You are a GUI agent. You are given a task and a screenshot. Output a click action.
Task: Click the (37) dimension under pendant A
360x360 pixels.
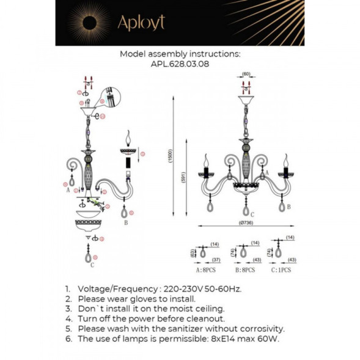pyautogui.click(x=215, y=260)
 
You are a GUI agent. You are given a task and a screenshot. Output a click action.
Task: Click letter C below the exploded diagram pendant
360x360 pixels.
pyautogui.click(x=92, y=265)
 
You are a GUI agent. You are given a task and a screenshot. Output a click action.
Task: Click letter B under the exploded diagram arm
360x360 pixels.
pyautogui.click(x=125, y=224)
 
